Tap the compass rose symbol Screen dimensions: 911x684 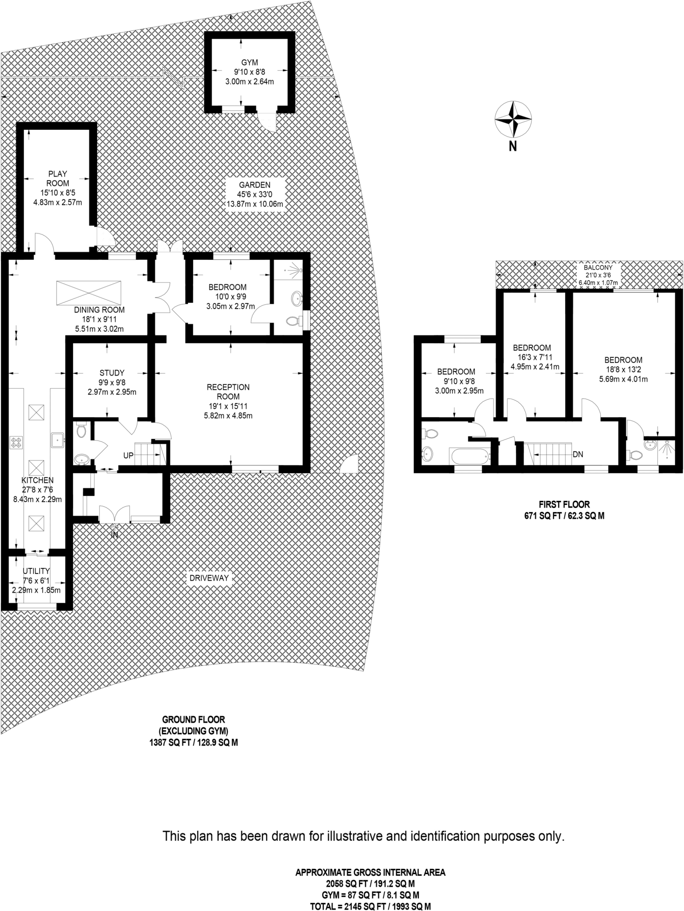(x=513, y=120)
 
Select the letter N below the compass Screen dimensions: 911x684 (x=513, y=146)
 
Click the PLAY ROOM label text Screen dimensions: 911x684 (x=58, y=178)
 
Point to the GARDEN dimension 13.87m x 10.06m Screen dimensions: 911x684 (x=255, y=204)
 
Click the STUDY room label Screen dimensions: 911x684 (x=112, y=373)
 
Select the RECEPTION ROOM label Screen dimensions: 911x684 (x=228, y=391)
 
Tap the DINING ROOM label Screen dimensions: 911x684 (x=99, y=310)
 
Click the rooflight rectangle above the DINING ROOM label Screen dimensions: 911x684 (x=89, y=293)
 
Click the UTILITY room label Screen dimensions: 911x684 (x=36, y=571)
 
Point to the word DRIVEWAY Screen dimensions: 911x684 (x=209, y=578)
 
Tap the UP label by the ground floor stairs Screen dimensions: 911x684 (x=129, y=456)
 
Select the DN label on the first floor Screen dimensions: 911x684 (x=578, y=455)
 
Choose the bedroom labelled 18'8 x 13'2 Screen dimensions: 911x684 (x=623, y=369)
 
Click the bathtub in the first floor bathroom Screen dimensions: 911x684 (x=469, y=455)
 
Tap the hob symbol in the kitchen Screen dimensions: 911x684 (x=16, y=443)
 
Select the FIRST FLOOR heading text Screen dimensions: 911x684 (x=564, y=504)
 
